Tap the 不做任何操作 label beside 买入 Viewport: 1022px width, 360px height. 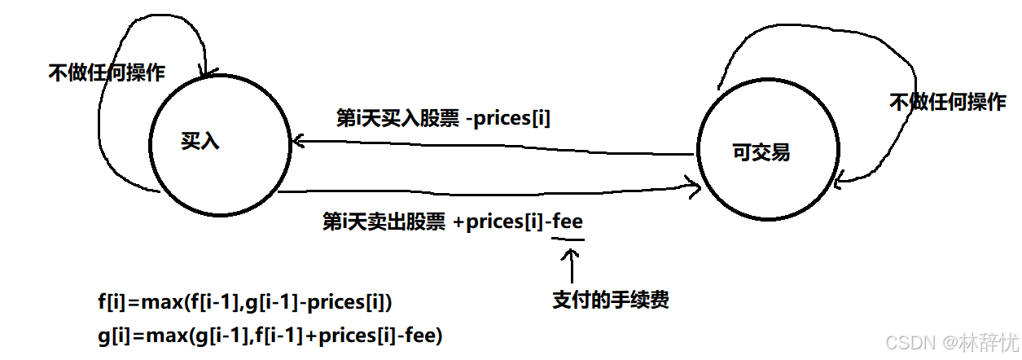pyautogui.click(x=107, y=72)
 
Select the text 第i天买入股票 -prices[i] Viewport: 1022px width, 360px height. pyautogui.click(x=443, y=118)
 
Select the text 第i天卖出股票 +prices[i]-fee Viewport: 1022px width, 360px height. pyautogui.click(x=453, y=222)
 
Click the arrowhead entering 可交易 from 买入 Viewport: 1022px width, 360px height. pyautogui.click(x=695, y=188)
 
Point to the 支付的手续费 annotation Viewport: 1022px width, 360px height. pyautogui.click(x=610, y=300)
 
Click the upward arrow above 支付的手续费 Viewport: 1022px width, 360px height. pyautogui.click(x=572, y=265)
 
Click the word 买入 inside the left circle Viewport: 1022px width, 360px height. pyautogui.click(x=200, y=141)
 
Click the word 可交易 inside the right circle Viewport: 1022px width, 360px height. pyautogui.click(x=761, y=152)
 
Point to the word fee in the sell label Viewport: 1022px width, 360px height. pyautogui.click(x=568, y=222)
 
